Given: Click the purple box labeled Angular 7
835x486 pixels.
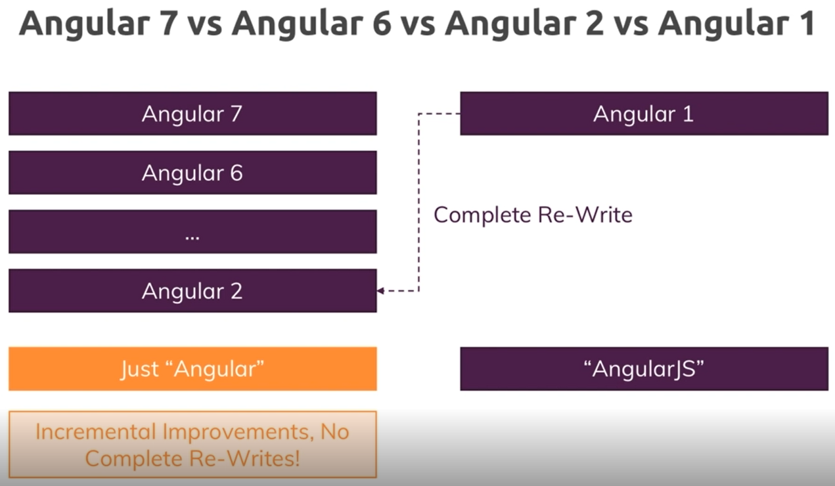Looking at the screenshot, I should [192, 114].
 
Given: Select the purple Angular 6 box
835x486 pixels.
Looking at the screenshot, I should [192, 173].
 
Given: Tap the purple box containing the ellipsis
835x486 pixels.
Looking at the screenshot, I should [192, 232].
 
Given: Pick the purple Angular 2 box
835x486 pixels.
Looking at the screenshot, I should [192, 291].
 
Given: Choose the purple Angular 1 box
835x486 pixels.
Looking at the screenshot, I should [644, 114].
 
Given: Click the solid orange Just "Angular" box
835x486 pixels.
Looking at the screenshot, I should [192, 369].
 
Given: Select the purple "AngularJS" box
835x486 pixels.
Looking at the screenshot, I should [644, 369].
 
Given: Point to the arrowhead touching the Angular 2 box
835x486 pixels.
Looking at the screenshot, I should [381, 291].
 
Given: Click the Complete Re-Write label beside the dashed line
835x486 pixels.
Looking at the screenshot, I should [533, 215].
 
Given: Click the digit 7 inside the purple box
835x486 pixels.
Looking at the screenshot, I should [235, 114].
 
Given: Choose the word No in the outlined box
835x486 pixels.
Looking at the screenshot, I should [334, 432].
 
